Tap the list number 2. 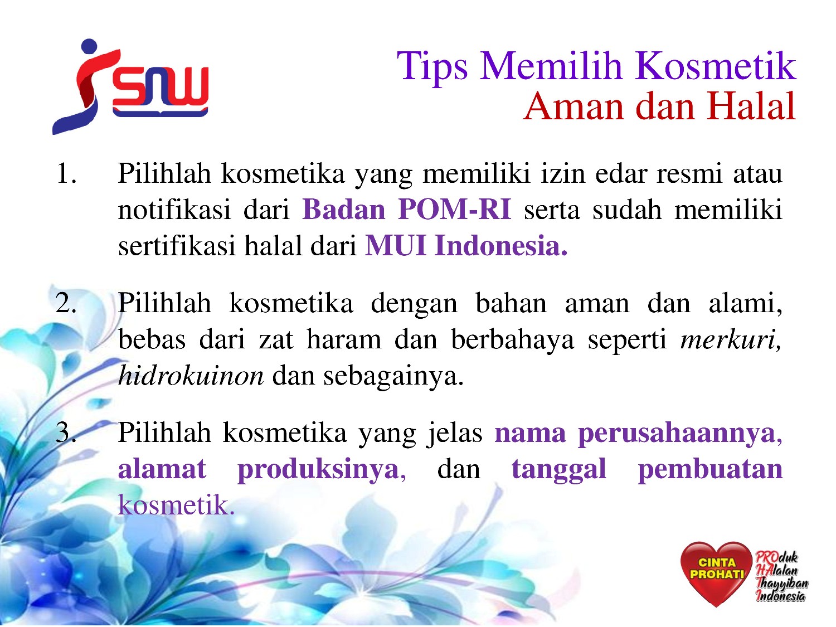66,303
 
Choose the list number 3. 66,432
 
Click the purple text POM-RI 454,209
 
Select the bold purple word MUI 395,245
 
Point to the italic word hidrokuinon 191,375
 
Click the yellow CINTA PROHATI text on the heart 716,568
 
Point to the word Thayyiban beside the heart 782,583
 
